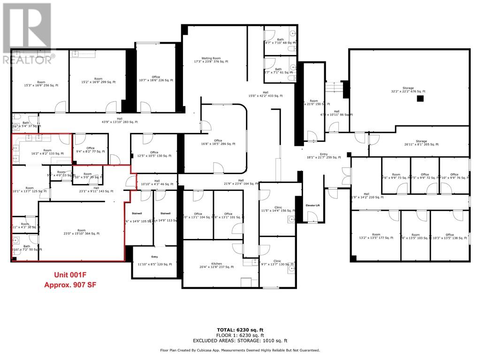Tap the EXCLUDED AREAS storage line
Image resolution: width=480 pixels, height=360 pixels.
coord(240,341)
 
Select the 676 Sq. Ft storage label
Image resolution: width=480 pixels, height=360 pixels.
coord(408,91)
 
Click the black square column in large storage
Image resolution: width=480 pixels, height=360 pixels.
coord(420,99)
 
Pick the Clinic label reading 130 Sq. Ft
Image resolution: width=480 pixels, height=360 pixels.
coord(277,263)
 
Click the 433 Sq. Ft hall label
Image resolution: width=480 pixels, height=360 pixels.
coord(266,94)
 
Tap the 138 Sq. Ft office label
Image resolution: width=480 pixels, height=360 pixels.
coord(450,237)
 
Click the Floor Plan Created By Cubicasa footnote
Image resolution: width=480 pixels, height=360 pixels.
coord(240,350)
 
